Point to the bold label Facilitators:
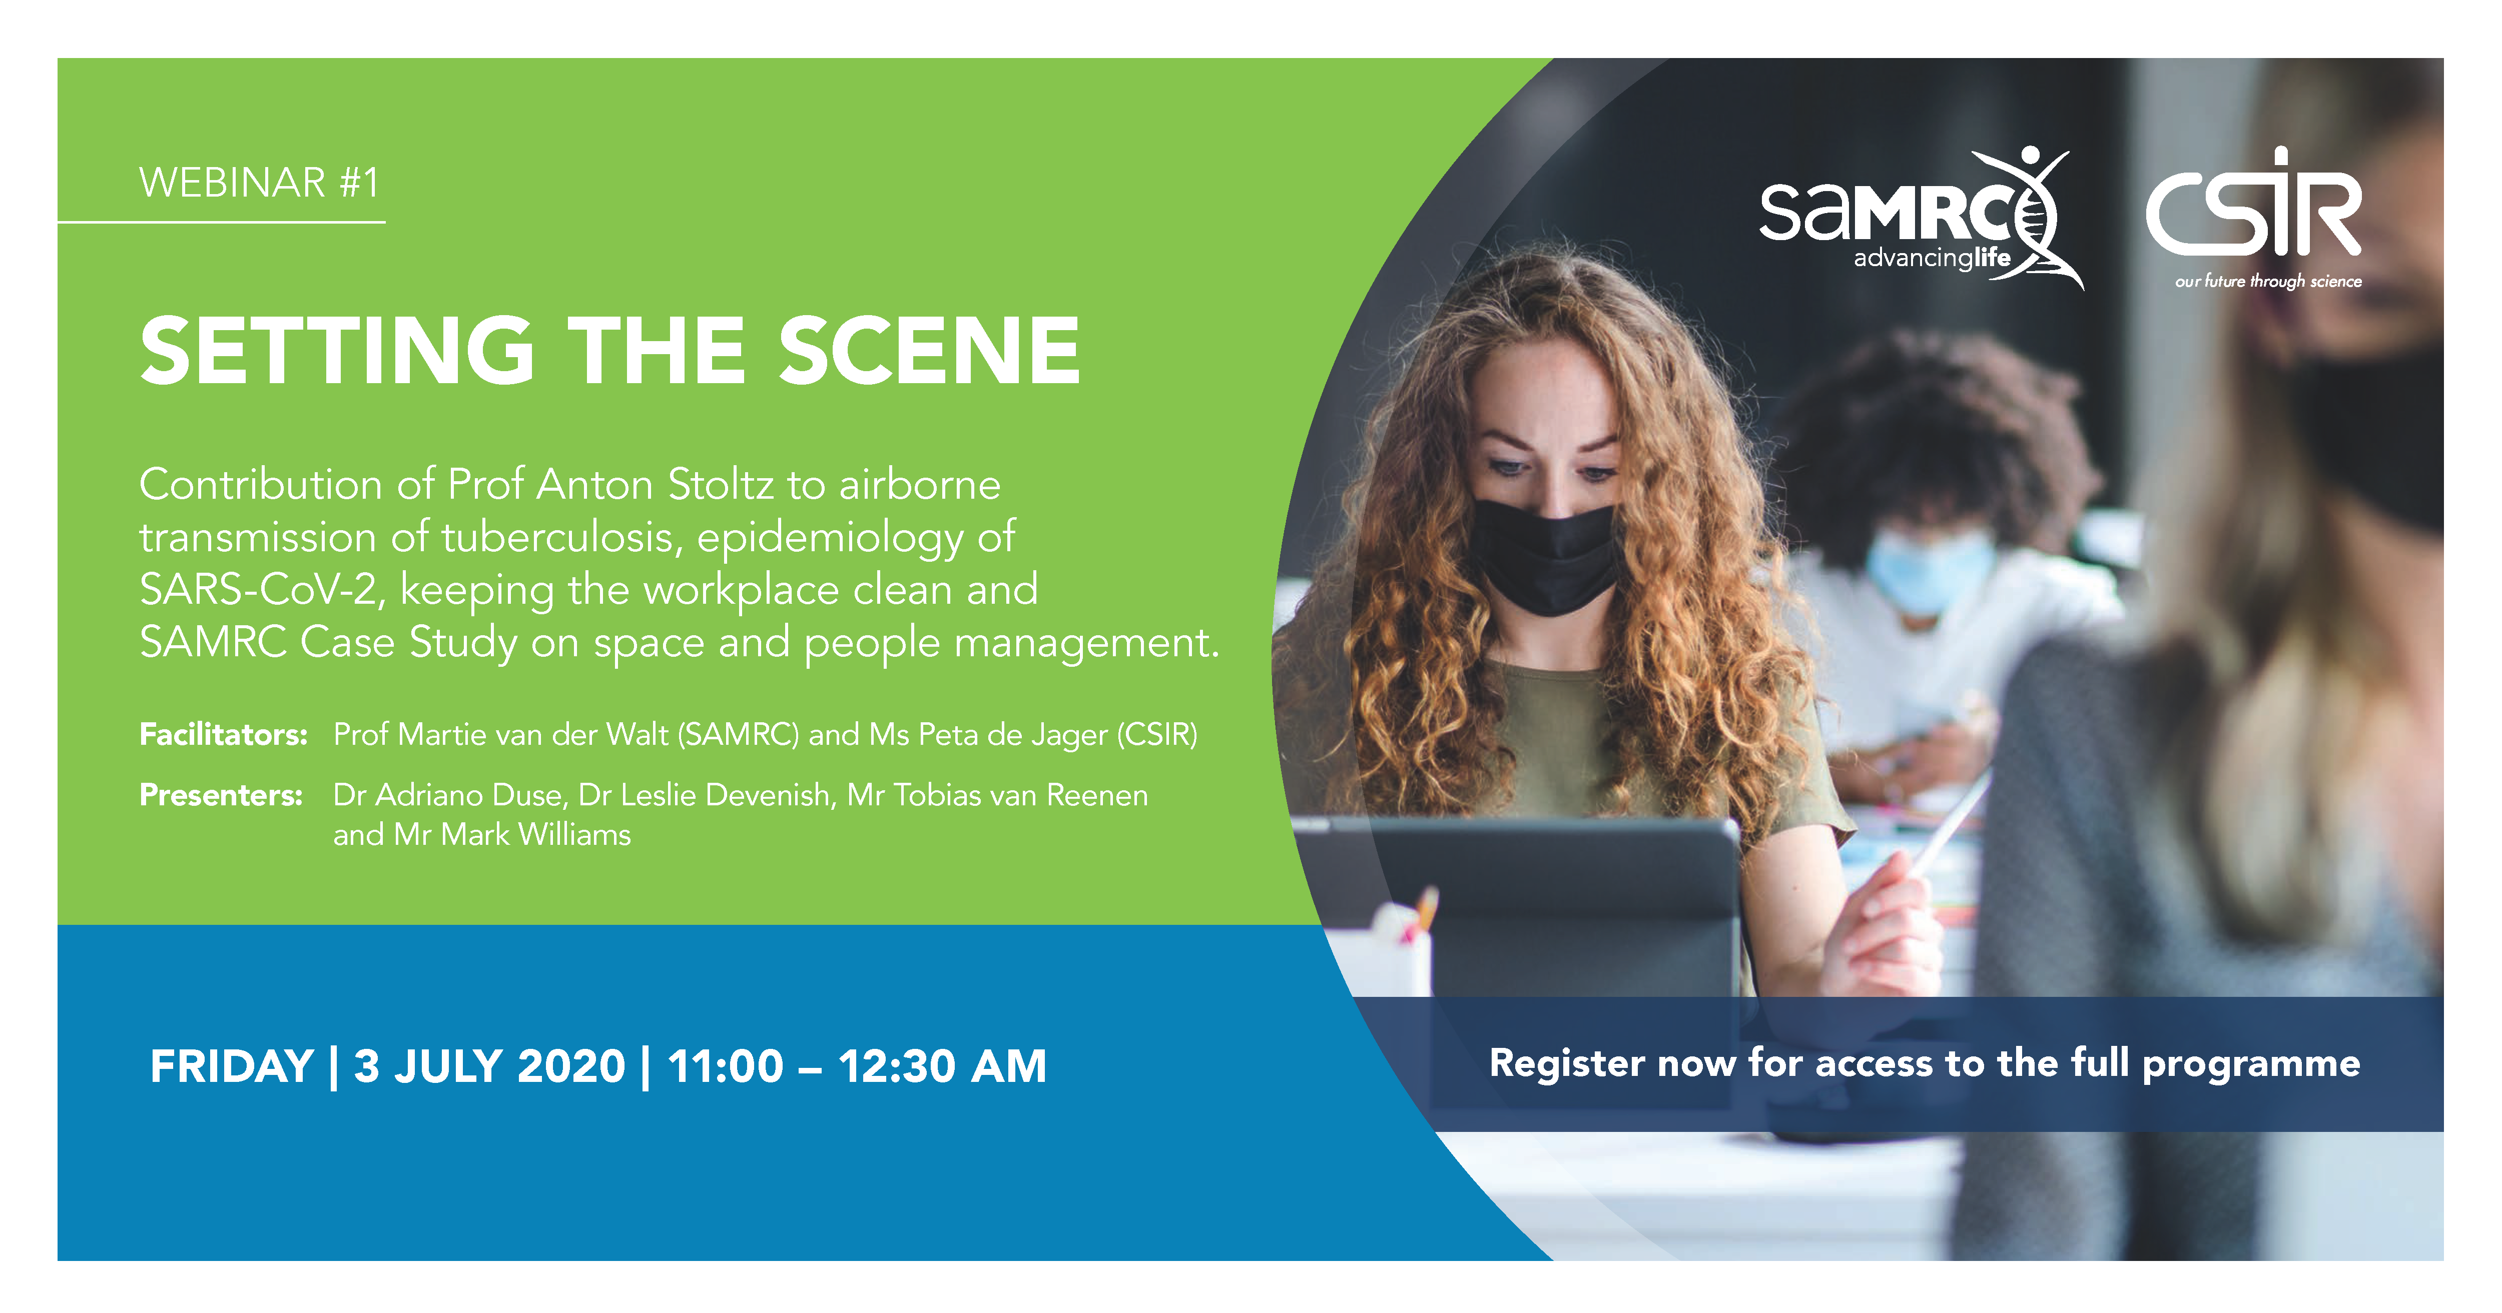pos(223,734)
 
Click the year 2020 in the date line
pos(571,1066)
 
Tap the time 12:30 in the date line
pos(897,1066)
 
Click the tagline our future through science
pos(2268,282)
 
